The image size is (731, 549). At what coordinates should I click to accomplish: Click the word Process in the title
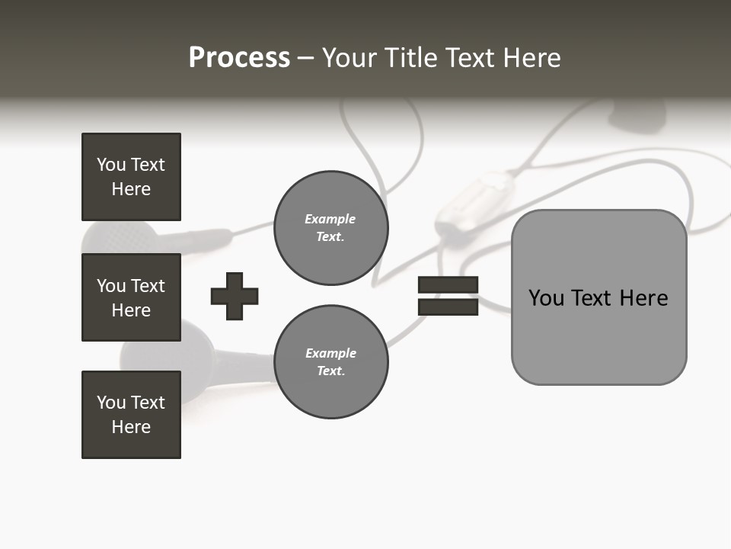pos(239,58)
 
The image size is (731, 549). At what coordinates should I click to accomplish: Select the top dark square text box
pos(131,177)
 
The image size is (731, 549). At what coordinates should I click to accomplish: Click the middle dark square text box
pos(131,297)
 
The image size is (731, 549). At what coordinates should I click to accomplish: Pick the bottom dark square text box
pos(131,415)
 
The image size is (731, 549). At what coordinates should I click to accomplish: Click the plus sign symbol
pos(235,296)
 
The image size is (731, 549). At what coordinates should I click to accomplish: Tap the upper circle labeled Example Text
pos(330,228)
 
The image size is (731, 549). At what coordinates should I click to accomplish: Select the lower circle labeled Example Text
pos(330,361)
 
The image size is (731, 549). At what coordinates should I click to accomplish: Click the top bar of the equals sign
pos(448,284)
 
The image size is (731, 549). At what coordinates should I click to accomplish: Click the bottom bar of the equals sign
pos(448,307)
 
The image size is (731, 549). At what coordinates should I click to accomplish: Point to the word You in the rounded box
pos(547,298)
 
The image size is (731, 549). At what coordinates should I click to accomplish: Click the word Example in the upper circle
pos(330,219)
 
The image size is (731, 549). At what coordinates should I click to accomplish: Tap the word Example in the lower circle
pos(330,353)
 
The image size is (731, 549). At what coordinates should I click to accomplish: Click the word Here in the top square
pos(131,189)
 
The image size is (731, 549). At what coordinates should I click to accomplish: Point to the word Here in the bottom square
pos(131,427)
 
